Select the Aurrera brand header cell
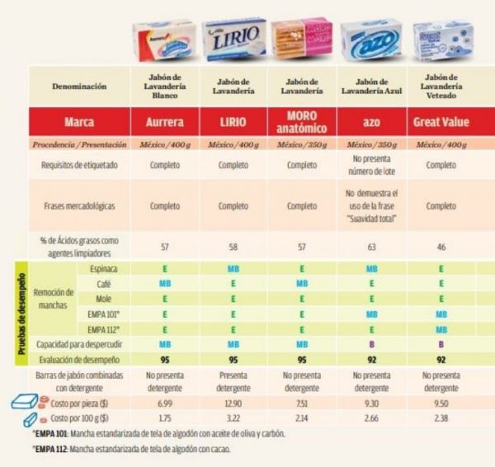165,121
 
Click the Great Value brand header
441,121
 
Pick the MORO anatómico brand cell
302,121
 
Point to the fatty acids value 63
371,245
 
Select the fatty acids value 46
441,245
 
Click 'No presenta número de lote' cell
371,166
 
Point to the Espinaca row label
102,269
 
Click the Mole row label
102,298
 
